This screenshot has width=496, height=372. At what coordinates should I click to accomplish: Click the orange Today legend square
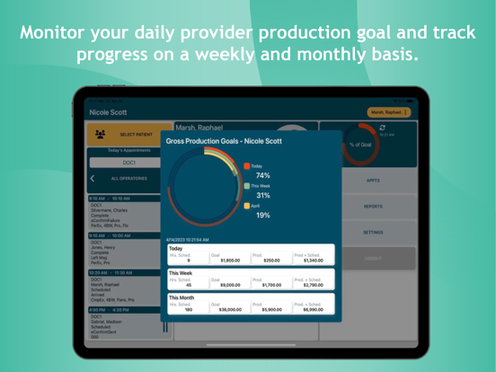pyautogui.click(x=247, y=166)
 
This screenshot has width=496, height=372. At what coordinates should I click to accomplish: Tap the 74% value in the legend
pyautogui.click(x=262, y=176)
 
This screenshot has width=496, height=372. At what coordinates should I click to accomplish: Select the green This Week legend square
pyautogui.click(x=247, y=186)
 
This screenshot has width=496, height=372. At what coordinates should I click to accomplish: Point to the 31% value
pyautogui.click(x=262, y=195)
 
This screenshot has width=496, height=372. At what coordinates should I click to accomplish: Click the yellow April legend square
pyautogui.click(x=247, y=206)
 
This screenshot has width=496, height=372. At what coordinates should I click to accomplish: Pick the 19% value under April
pyautogui.click(x=262, y=215)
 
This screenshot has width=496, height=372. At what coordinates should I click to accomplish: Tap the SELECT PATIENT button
pyautogui.click(x=126, y=135)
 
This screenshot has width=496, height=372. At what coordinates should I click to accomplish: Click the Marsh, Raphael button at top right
pyautogui.click(x=390, y=112)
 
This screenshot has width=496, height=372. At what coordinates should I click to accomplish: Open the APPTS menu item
pyautogui.click(x=373, y=181)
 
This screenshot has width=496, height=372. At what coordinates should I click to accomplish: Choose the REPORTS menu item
pyautogui.click(x=373, y=207)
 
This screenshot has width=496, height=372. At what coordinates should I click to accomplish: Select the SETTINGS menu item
pyautogui.click(x=373, y=232)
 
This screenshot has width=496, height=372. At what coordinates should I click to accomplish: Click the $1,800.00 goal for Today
pyautogui.click(x=230, y=261)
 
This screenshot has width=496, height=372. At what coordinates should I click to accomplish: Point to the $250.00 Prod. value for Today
pyautogui.click(x=270, y=261)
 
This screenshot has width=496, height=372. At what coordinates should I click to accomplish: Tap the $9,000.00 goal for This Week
pyautogui.click(x=230, y=285)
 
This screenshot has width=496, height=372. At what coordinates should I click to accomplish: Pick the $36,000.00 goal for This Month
pyautogui.click(x=228, y=309)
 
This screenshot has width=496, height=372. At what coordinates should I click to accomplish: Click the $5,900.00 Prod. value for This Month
pyautogui.click(x=270, y=309)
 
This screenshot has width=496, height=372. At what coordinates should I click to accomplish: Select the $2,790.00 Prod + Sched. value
pyautogui.click(x=313, y=285)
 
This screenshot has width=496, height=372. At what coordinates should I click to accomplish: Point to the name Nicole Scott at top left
pyautogui.click(x=109, y=112)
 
